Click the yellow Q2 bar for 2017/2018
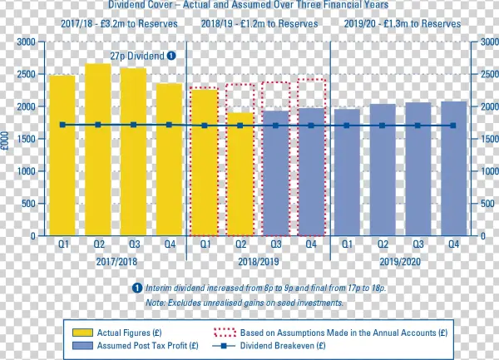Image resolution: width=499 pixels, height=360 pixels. pos(98,150)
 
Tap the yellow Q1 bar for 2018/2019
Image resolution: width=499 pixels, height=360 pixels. pos(205,162)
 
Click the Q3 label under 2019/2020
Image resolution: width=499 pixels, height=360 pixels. pos(418,244)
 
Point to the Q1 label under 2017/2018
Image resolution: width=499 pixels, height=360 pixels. pos(62,244)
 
